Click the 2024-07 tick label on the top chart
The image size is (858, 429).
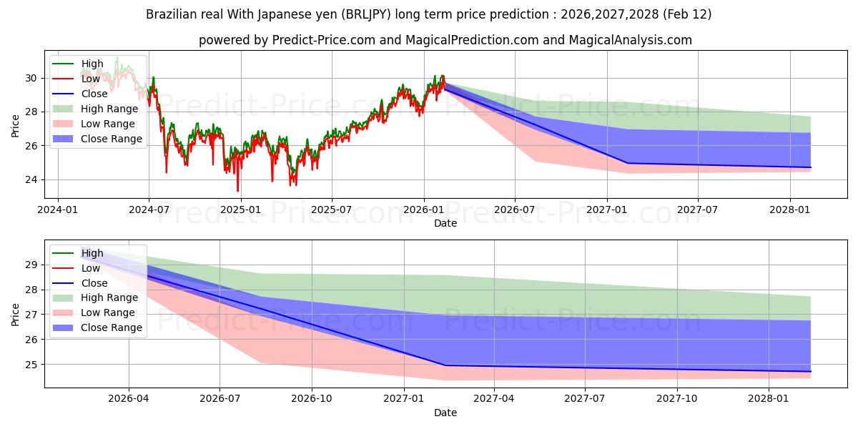149,209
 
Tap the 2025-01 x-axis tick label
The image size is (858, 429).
240,209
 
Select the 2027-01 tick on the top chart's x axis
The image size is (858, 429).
607,209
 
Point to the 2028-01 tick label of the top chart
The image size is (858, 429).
790,209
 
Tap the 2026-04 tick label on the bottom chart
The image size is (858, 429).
129,399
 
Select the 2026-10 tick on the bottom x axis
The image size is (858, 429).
312,399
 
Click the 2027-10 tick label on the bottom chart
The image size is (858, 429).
677,399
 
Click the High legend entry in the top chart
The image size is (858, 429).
92,64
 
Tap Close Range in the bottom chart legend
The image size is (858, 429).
112,327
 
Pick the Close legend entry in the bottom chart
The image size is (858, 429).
94,283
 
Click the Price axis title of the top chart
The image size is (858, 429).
16,125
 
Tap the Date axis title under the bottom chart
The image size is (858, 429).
445,413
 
